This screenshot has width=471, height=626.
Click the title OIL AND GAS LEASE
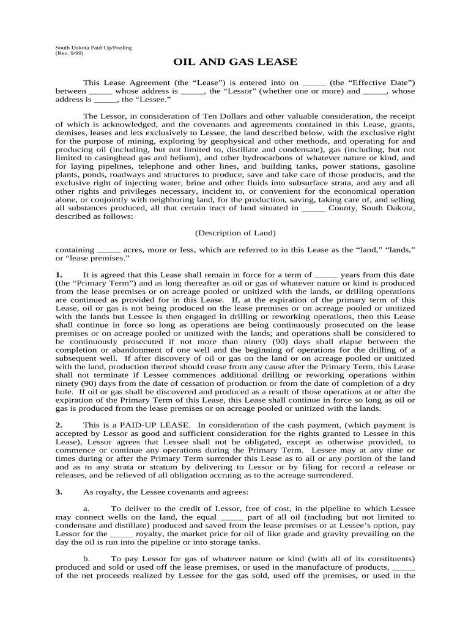[236, 62]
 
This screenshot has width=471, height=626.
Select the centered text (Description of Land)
[236, 233]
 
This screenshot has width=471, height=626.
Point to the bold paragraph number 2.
[58, 424]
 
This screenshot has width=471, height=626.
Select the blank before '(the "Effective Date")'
[314, 83]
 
